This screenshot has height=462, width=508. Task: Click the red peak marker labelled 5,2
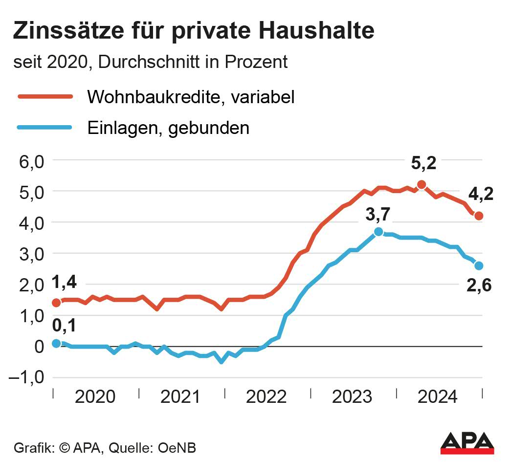coord(421,184)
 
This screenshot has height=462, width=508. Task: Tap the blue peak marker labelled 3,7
coord(378,232)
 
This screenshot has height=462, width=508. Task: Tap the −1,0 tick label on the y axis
coord(27,378)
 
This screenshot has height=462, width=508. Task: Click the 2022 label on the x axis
coord(266,396)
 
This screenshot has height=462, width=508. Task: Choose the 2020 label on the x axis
coord(95,396)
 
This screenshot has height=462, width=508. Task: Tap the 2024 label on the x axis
coord(438,396)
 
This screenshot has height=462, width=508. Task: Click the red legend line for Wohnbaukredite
coord(45,97)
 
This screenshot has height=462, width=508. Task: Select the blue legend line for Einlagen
coord(45,128)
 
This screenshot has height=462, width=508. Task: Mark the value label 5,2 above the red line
coord(423,164)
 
